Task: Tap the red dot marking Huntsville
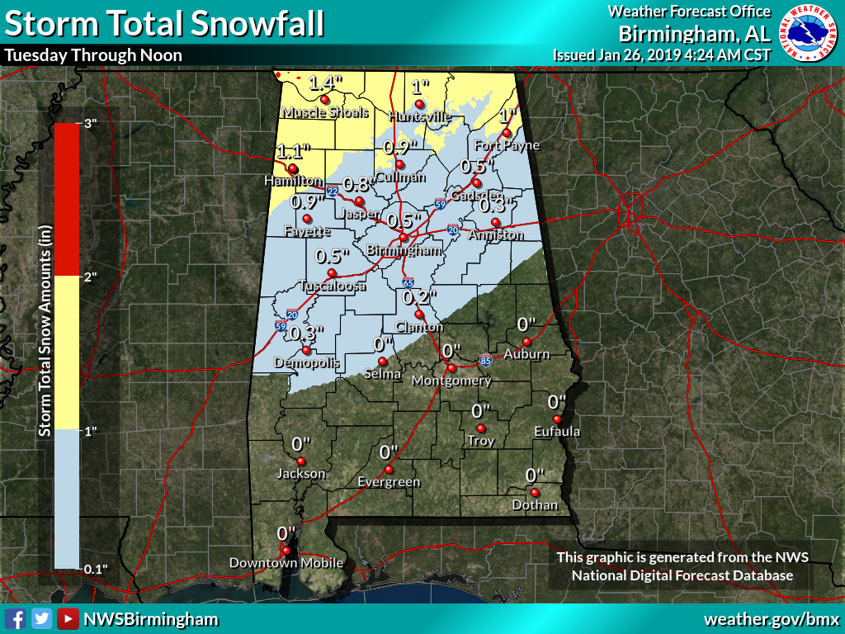419,104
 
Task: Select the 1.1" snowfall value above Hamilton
293,152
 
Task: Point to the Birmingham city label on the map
402,250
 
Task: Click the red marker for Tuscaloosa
332,273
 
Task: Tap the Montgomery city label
451,381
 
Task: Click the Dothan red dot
535,493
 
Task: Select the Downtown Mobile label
286,563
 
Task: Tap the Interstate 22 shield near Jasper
332,192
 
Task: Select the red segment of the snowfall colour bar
66,198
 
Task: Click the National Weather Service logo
810,32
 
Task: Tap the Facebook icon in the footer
14,618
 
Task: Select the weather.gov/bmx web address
771,618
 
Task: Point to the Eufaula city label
557,431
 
